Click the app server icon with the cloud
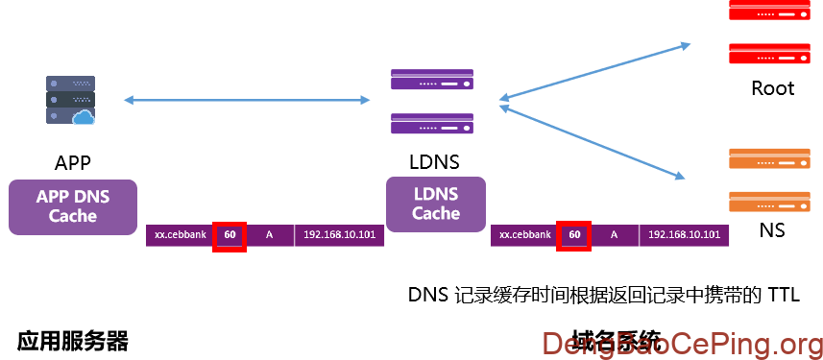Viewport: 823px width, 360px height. pos(70,100)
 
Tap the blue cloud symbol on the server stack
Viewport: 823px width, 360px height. pos(84,117)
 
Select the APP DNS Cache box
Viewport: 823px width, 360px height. pos(73,206)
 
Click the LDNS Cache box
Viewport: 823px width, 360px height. pos(435,204)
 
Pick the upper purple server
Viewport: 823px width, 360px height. pos(432,80)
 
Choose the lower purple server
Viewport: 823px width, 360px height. pos(432,124)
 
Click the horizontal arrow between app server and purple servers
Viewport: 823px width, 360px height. pos(247,100)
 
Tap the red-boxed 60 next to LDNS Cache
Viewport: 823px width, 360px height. pos(574,235)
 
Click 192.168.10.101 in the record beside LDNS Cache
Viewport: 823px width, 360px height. pos(684,235)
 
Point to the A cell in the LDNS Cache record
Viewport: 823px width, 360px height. pos(615,235)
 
